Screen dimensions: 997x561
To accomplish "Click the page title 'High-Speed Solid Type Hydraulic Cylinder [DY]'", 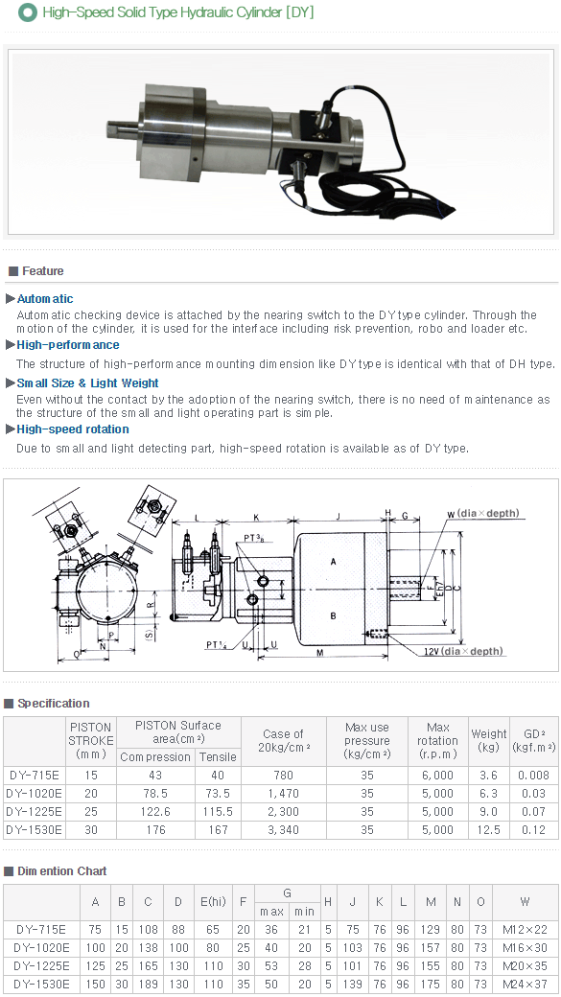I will [x=177, y=12].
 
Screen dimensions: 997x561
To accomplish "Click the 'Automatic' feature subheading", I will [x=45, y=299].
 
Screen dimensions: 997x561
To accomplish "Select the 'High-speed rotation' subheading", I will [x=73, y=429].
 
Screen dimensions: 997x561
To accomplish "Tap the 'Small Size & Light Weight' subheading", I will [x=87, y=383].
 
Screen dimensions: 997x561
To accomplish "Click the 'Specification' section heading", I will [x=53, y=704].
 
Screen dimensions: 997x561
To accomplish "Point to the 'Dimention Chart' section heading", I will [x=61, y=871].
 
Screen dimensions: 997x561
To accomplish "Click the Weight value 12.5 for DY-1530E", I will [x=488, y=830].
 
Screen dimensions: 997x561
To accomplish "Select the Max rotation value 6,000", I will [x=437, y=776].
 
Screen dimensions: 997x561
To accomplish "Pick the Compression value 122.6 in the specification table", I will [x=154, y=812].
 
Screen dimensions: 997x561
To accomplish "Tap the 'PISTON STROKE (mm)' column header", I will [x=90, y=740].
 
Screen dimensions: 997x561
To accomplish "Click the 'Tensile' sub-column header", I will [x=218, y=757].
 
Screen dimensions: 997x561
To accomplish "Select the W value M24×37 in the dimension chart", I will [x=525, y=984].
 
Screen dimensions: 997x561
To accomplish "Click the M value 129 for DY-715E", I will [x=430, y=929].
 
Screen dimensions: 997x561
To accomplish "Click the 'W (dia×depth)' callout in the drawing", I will [x=482, y=514].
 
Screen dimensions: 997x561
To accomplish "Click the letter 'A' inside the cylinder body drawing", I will [x=332, y=561].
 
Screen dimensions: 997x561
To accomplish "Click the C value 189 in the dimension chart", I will [x=148, y=984].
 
